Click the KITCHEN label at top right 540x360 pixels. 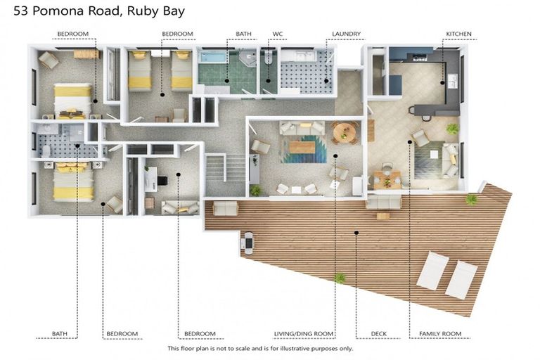tap(458, 34)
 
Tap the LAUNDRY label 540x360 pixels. tap(347, 34)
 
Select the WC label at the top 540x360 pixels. tap(278, 34)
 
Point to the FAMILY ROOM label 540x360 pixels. tap(439, 333)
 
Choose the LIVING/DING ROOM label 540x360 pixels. tap(304, 333)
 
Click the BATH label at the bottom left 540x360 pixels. tap(60, 333)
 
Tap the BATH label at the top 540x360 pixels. tap(243, 34)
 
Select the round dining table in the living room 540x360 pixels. tap(345, 131)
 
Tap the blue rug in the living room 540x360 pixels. tap(303, 148)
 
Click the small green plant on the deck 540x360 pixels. tap(340, 278)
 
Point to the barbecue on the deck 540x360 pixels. tap(247, 243)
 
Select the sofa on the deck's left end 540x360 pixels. tap(225, 208)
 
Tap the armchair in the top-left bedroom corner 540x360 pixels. tap(48, 60)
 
